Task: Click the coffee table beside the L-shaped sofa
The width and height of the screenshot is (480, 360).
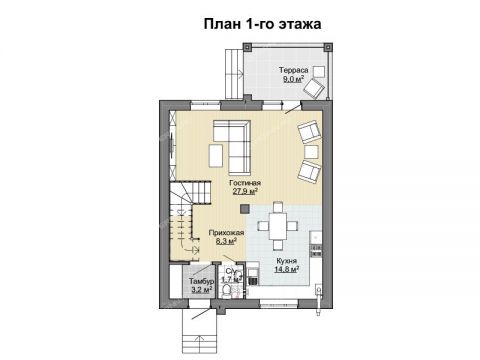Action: coord(216,156)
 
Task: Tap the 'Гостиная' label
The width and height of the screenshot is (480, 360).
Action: coord(244,183)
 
